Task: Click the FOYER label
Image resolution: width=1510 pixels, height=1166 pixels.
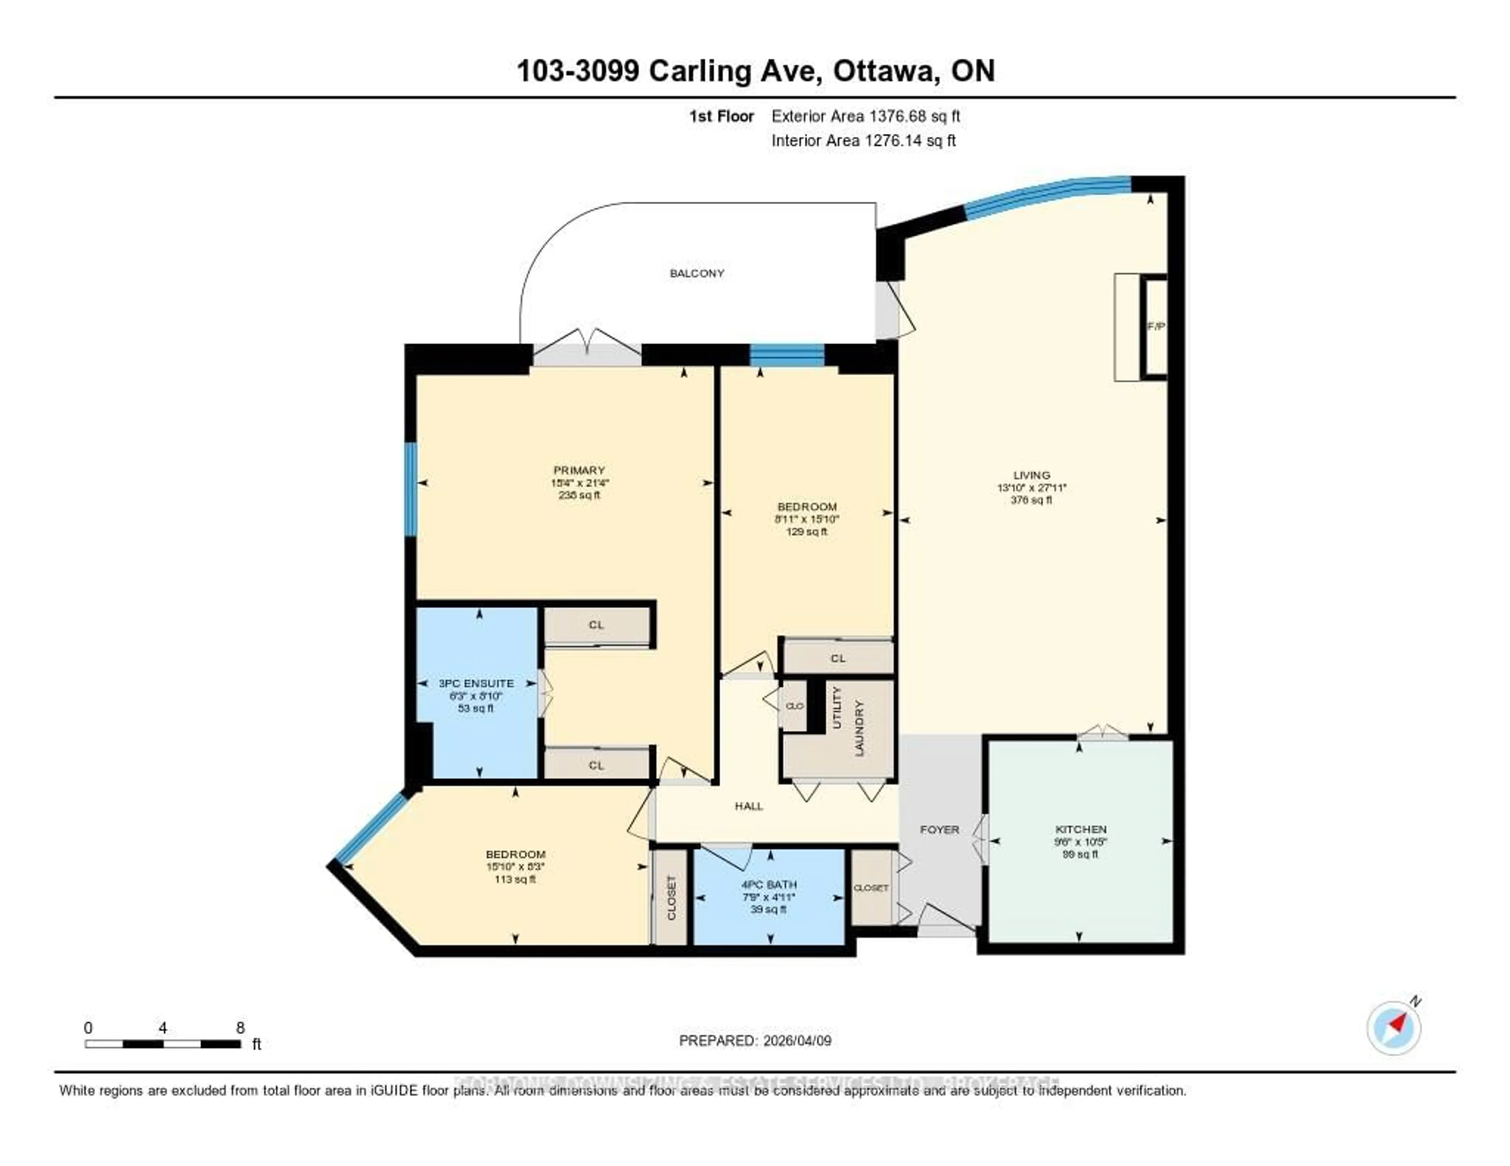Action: pos(939,829)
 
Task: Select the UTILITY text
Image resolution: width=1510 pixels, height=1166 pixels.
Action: pos(836,707)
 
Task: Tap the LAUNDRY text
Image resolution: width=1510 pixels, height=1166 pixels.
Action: pos(859,728)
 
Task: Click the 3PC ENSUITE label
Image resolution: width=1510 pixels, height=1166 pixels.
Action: pos(476,683)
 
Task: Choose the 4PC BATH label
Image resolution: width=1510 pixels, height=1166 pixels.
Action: pos(769,884)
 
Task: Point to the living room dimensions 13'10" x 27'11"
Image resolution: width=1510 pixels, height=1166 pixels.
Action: pos(1031,487)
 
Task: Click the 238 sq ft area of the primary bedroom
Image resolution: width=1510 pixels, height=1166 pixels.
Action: pos(579,495)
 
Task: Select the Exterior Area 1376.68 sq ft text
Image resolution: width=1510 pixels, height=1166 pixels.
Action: pos(865,116)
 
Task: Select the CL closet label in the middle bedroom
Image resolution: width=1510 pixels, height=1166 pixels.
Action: pos(838,658)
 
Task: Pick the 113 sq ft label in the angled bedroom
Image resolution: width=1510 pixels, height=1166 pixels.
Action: pos(515,879)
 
